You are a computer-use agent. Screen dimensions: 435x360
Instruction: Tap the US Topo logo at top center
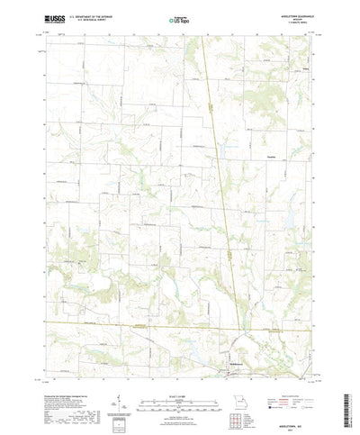[179, 17]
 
